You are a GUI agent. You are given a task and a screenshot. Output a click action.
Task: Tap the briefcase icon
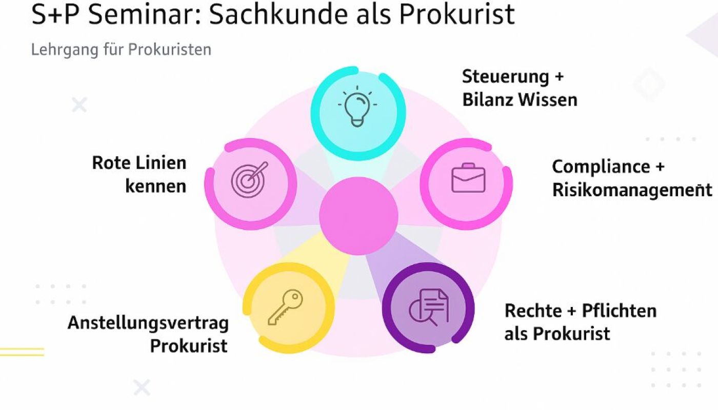point(467,178)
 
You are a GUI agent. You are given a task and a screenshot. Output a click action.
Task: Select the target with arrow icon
point(249,179)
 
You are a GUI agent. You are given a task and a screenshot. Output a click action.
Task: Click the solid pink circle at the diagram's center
point(358,215)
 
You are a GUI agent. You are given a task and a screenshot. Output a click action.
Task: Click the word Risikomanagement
point(632,190)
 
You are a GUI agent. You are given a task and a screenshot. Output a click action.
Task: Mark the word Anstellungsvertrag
point(148,323)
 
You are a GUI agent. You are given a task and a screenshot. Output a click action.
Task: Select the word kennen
point(155,186)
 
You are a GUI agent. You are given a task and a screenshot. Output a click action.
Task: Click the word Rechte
point(533,311)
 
